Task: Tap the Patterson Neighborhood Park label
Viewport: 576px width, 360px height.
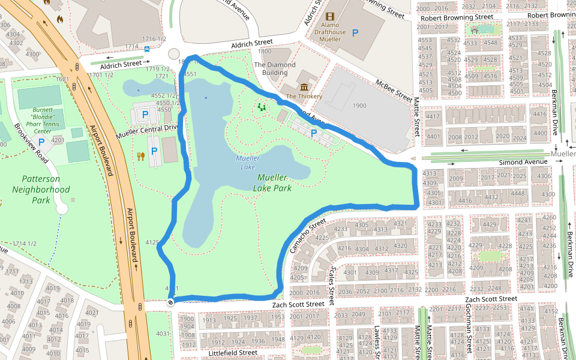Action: click(x=41, y=190)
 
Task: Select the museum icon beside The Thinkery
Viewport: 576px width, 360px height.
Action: click(x=304, y=87)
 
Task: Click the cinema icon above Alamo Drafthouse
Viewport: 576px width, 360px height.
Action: click(x=331, y=18)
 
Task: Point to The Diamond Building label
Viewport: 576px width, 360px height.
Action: click(x=275, y=68)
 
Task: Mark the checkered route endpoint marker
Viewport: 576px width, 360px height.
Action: click(x=171, y=302)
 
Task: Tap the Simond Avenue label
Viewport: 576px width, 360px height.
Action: click(x=524, y=162)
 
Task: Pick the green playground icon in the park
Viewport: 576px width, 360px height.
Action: click(x=262, y=107)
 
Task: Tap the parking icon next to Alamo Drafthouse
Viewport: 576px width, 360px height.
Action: click(x=356, y=34)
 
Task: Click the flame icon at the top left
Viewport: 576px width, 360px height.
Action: click(x=59, y=19)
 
